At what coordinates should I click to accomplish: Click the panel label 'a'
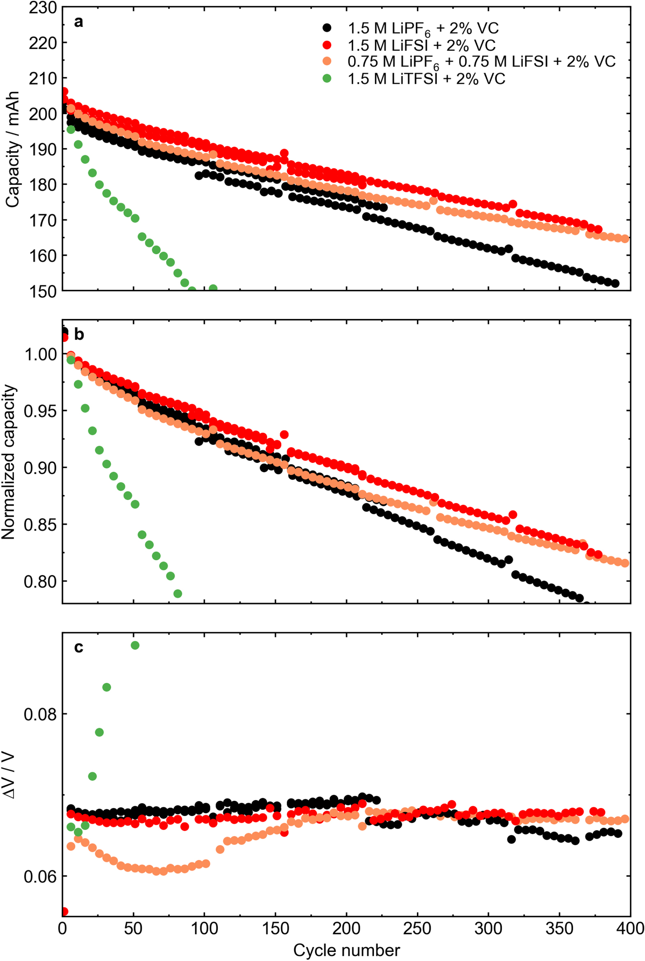pos(78,22)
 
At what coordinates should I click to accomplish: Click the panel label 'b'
pos(79,335)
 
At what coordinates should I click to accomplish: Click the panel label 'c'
pos(78,647)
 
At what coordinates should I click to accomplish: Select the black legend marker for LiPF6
pos(327,28)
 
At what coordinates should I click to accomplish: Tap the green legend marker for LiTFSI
pos(327,78)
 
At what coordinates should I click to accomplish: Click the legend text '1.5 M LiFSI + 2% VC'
pos(422,45)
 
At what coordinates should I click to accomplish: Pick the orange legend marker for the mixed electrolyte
pos(327,61)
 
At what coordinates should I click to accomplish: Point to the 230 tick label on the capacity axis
pos(42,7)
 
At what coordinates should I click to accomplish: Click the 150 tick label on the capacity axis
pos(42,291)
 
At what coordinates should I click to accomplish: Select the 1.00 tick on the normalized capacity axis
pos(40,354)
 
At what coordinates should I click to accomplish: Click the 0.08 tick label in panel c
pos(40,715)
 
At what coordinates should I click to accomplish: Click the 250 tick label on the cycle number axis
pos(417,929)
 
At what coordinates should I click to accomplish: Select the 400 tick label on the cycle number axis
pos(630,929)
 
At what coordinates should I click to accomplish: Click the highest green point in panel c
pos(135,646)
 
